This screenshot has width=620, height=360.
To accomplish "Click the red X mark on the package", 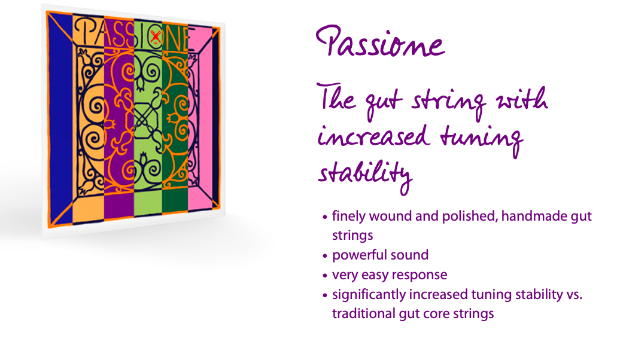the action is tap(156, 36).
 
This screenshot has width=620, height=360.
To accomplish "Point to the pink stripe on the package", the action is tap(200, 118).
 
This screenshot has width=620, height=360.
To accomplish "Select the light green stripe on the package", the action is tap(148, 118).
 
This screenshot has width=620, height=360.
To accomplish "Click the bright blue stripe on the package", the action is tap(60, 118).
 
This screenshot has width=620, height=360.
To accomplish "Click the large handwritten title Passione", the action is tap(381, 42).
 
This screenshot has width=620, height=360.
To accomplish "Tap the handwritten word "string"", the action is tap(449, 102).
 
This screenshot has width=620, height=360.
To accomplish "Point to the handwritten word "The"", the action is tap(336, 97).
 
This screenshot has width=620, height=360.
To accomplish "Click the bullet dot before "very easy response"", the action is tap(325, 276).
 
